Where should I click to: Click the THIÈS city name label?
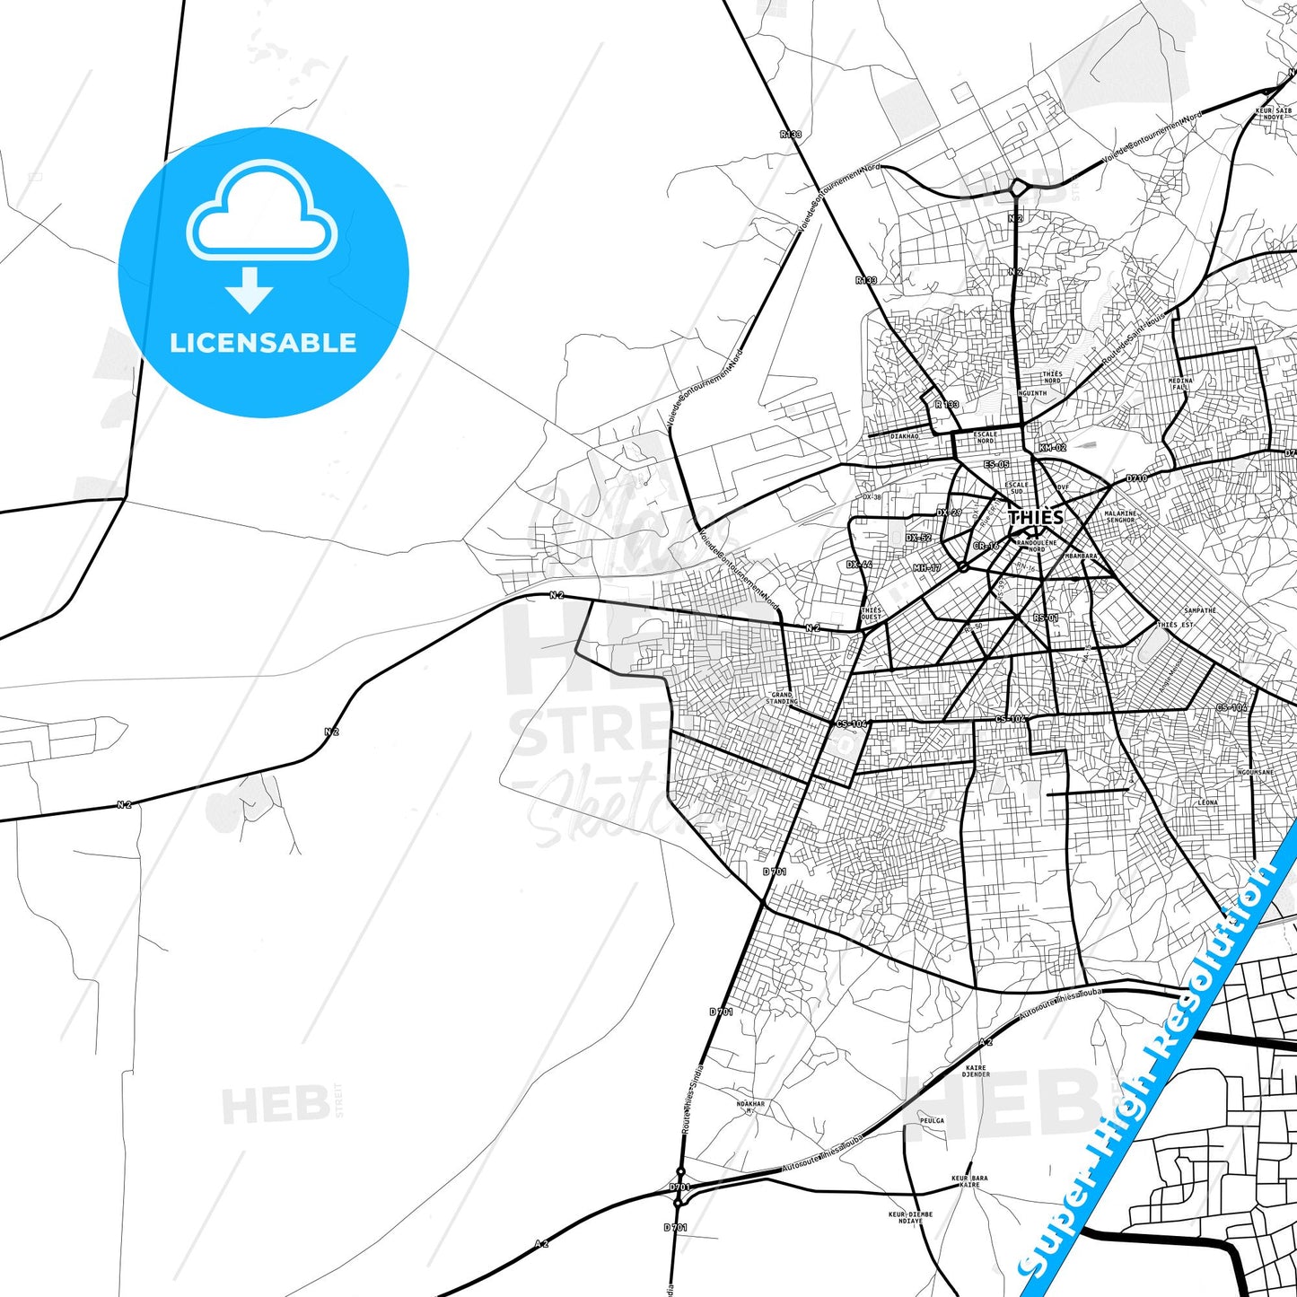(1035, 518)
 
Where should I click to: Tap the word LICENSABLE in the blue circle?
(263, 343)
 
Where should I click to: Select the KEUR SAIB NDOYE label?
(1273, 114)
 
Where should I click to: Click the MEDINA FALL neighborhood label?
(1180, 383)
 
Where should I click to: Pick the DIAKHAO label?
(904, 436)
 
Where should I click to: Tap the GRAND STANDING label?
(782, 697)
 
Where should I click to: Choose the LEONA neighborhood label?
(1207, 802)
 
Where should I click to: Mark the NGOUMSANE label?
(1255, 772)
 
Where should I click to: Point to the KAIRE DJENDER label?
(976, 1071)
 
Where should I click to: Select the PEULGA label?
(932, 1120)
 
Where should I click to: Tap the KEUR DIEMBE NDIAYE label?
(910, 1217)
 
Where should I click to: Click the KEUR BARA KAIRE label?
(969, 1181)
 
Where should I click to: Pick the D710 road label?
(1136, 478)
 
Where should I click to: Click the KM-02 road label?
(1052, 447)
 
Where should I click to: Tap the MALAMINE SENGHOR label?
(1120, 517)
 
